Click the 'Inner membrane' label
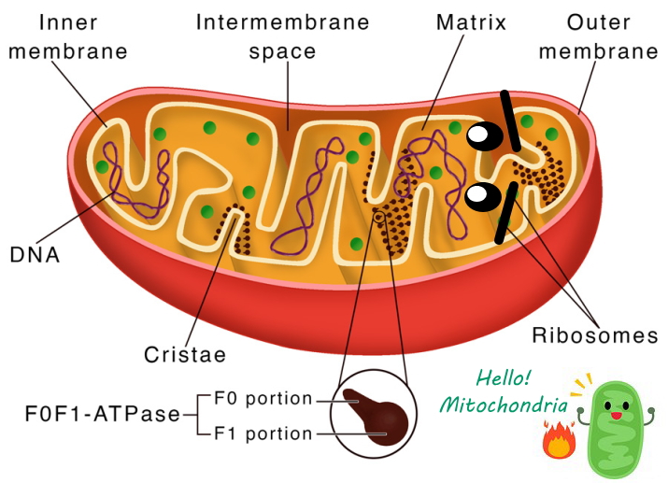[x=66, y=36]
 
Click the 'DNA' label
[x=34, y=253]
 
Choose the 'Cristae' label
[x=186, y=355]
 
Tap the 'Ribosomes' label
[x=596, y=335]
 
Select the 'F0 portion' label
[x=263, y=398]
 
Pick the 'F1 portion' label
[x=263, y=433]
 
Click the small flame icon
[x=560, y=440]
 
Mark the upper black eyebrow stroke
[x=510, y=120]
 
